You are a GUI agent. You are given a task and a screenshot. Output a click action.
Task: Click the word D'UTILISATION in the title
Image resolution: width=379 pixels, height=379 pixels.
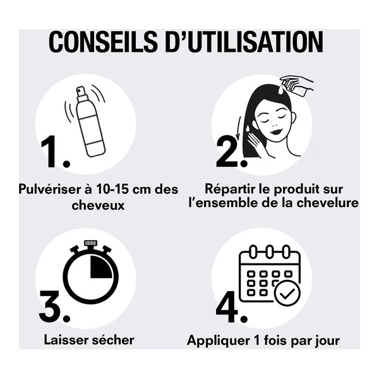246,42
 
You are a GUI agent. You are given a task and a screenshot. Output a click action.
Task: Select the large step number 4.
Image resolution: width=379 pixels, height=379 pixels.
229,306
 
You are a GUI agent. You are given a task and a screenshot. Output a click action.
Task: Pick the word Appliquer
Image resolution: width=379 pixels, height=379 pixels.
213,340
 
